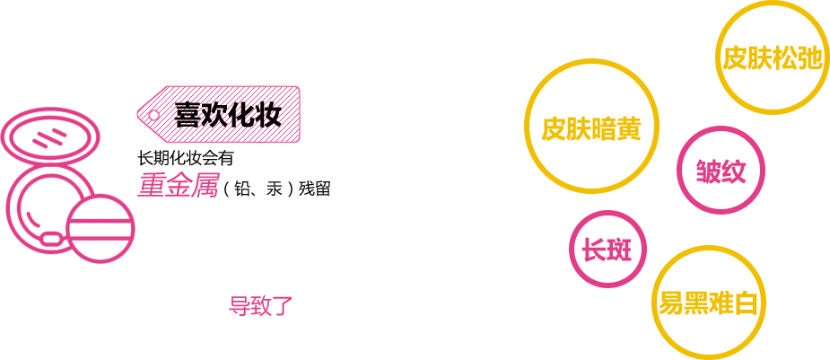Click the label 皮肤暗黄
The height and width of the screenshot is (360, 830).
tap(590, 128)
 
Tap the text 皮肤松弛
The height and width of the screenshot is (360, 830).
tap(772, 58)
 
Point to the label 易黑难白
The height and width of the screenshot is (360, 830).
tap(709, 303)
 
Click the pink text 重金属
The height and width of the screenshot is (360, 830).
tap(178, 185)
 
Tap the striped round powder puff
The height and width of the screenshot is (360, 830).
tap(100, 228)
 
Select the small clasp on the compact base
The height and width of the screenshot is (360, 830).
tap(53, 239)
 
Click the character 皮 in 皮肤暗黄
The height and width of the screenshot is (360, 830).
tap(554, 128)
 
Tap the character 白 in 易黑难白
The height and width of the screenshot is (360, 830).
tap(747, 303)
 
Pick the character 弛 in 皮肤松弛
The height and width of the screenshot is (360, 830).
tap(809, 58)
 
